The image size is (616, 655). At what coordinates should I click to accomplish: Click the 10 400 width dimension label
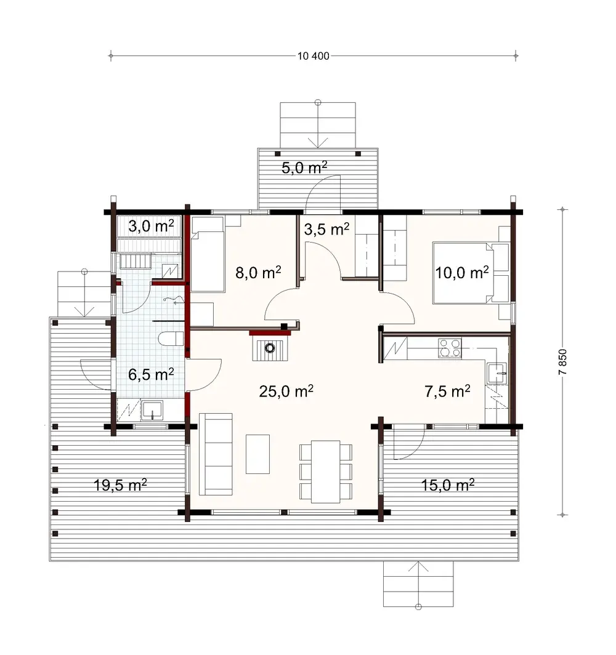(314, 56)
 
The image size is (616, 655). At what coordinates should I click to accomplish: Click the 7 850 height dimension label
(562, 363)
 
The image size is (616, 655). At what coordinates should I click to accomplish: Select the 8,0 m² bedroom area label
(259, 272)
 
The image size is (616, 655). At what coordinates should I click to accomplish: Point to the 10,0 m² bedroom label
(462, 272)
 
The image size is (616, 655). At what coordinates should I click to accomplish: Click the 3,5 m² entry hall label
(327, 229)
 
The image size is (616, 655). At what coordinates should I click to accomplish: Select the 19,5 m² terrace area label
(121, 485)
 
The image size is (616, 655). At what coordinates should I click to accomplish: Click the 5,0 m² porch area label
(304, 167)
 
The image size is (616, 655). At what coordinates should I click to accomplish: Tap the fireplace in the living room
(270, 347)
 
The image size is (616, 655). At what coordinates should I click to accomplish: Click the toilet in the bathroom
(171, 339)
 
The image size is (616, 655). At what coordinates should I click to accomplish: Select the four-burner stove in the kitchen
(449, 348)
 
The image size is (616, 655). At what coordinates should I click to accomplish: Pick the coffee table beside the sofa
(257, 454)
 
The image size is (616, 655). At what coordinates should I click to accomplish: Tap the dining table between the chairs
(326, 471)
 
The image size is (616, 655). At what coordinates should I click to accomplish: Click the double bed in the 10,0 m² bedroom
(463, 273)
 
